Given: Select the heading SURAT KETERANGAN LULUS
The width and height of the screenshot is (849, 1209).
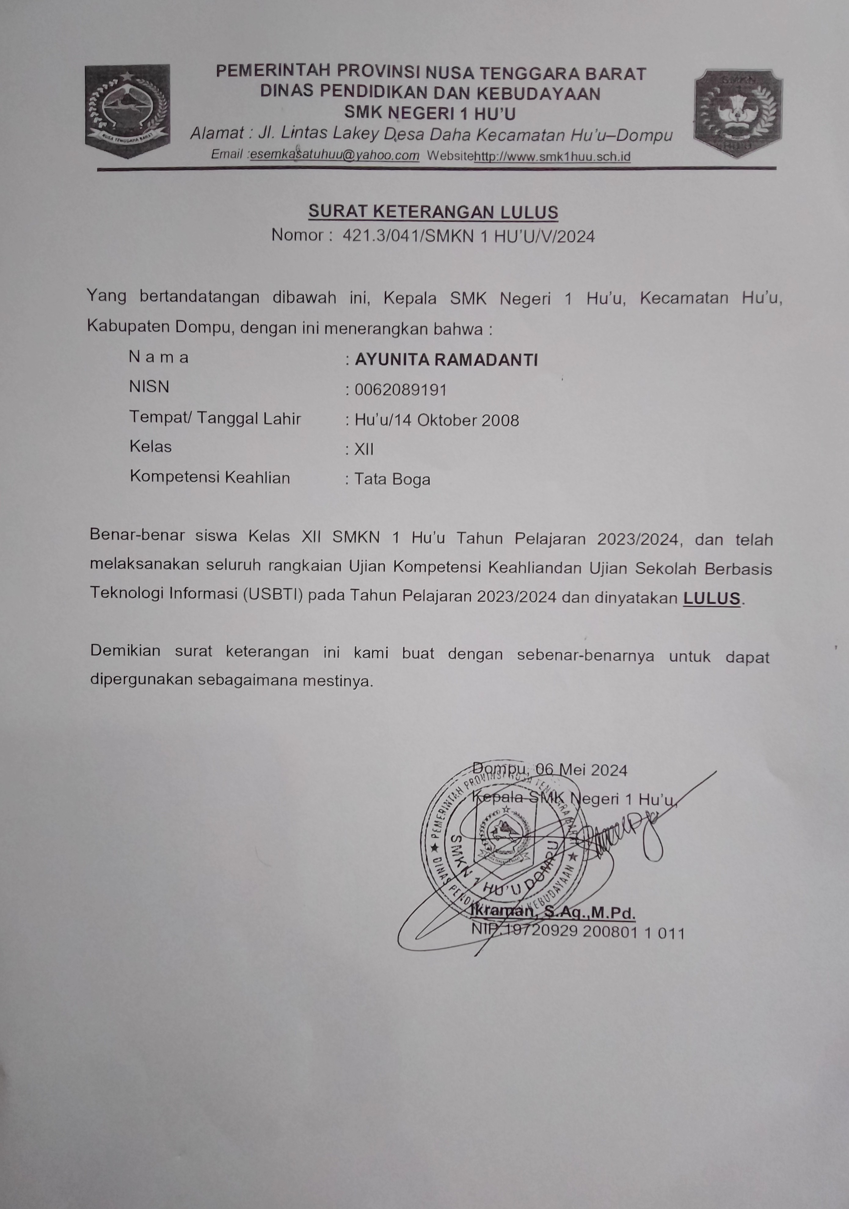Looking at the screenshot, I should pyautogui.click(x=433, y=212).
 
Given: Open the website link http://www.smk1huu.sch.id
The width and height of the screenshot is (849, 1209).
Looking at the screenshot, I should pyautogui.click(x=552, y=156).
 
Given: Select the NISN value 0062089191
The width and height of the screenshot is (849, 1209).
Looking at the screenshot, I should pyautogui.click(x=400, y=390).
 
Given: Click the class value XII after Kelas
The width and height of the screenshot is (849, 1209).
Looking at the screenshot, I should pyautogui.click(x=364, y=449).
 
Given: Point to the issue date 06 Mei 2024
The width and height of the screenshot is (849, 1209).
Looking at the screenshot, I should pyautogui.click(x=581, y=770).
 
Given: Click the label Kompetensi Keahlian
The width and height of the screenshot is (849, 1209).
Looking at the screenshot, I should pyautogui.click(x=210, y=477).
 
